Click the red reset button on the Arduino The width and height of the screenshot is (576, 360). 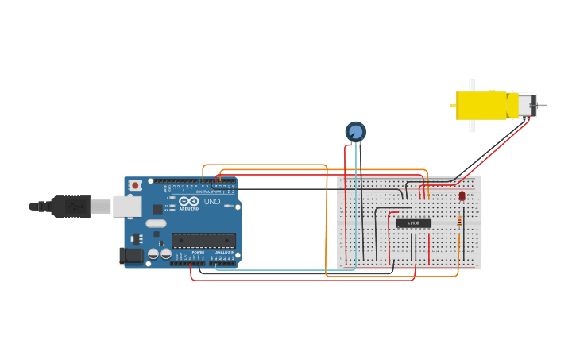point(135,185)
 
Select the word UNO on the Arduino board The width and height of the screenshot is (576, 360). point(213,202)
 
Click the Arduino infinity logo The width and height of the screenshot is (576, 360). point(188,202)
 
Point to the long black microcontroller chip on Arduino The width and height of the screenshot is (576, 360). point(203,240)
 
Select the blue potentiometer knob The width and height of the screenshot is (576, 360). point(355,132)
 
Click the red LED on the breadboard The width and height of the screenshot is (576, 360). point(462,195)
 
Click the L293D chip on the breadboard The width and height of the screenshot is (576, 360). point(413,223)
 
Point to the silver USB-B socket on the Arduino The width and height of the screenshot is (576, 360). point(122,207)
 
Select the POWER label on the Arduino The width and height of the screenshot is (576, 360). point(198,252)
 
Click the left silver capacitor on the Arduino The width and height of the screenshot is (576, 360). point(153,254)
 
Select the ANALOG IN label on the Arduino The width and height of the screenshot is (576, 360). point(222,252)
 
